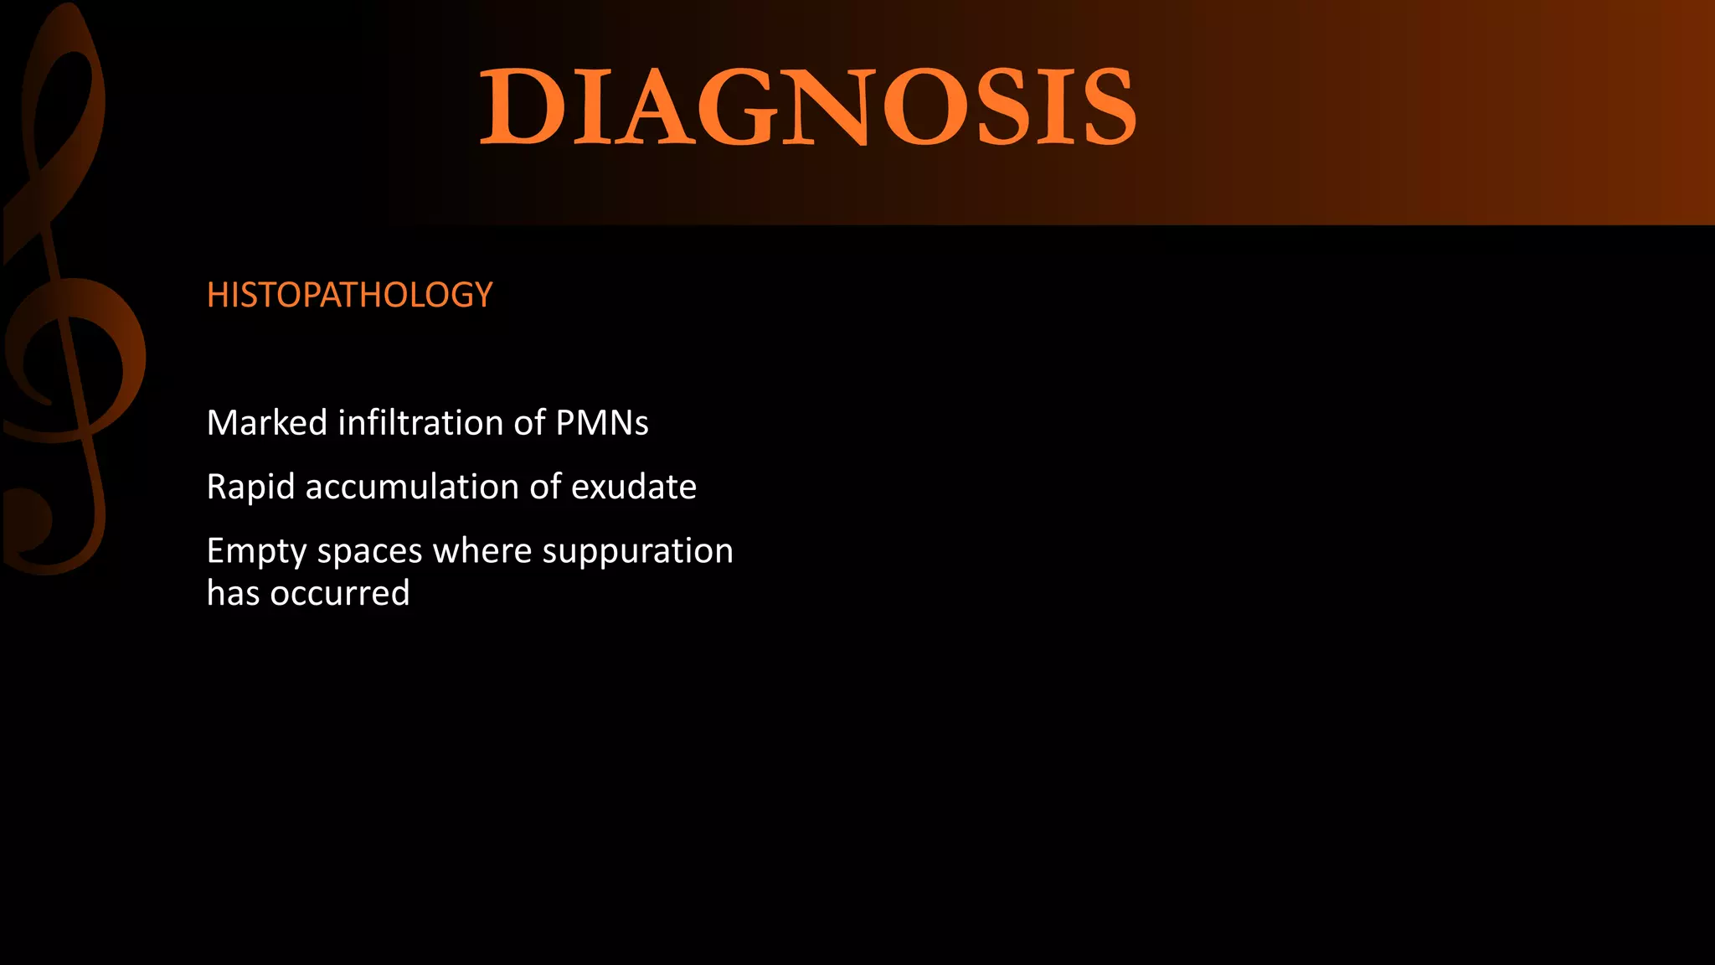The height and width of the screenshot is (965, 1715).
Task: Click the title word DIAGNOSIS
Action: tap(808, 107)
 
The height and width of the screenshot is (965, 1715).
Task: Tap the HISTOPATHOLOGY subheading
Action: tap(349, 295)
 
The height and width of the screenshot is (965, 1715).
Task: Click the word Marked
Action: tap(267, 422)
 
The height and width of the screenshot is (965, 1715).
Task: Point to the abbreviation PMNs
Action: tap(602, 422)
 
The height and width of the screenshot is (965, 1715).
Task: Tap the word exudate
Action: tap(634, 487)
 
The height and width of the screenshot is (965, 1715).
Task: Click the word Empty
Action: tap(257, 552)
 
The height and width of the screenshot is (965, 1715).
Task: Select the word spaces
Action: tap(369, 552)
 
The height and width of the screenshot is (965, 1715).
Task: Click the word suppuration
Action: tap(638, 552)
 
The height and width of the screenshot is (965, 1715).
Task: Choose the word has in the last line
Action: tap(233, 593)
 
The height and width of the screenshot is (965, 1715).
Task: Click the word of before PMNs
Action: tap(530, 422)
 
